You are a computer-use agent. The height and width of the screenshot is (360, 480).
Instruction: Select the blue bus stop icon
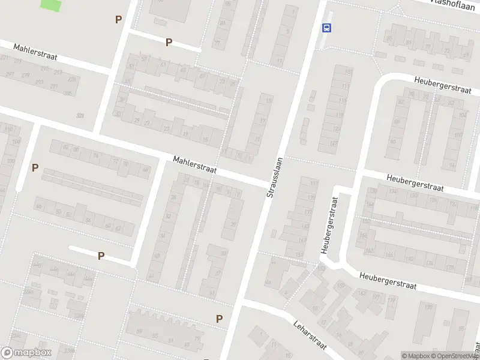coord(327,28)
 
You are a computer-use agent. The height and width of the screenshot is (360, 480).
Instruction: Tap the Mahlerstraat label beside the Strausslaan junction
coord(194,166)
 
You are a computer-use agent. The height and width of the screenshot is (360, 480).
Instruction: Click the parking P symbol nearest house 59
coord(219,319)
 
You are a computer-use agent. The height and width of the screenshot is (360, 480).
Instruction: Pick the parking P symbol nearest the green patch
coord(118,19)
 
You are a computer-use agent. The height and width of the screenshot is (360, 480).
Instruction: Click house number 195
coord(430,307)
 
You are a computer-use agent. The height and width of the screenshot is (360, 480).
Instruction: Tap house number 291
coord(54,86)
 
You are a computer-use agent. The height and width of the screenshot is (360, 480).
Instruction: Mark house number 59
coord(139,331)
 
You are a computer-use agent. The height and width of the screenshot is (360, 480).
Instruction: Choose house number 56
coord(88,220)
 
